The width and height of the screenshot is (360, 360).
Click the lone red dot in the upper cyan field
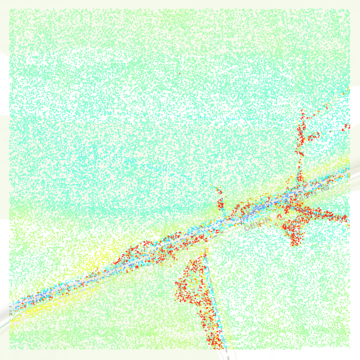tap(179, 74)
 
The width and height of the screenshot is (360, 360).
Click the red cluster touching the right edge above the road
tap(346, 127)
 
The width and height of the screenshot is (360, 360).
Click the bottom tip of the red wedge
tap(216, 344)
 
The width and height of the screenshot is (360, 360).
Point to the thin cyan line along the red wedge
tap(214, 300)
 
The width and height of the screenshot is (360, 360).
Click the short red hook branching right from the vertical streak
tap(312, 135)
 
